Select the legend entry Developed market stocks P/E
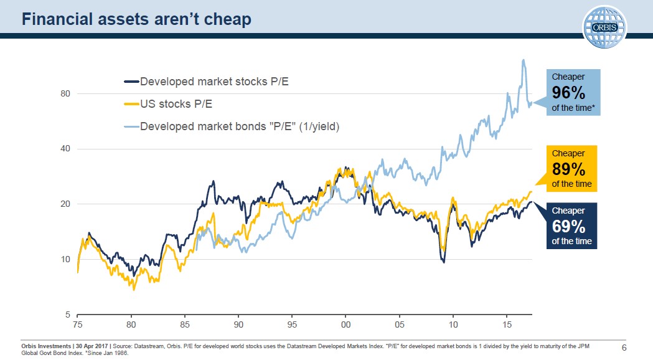tap(214, 82)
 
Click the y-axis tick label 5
tap(67, 314)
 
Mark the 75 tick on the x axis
tap(77, 325)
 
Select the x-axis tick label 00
tap(346, 325)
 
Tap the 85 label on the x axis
tap(185, 325)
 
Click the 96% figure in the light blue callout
tap(568, 93)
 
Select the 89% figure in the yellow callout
tap(568, 169)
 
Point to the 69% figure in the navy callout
tap(568, 226)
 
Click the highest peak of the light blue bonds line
tap(524, 60)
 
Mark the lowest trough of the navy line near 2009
tap(443, 262)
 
